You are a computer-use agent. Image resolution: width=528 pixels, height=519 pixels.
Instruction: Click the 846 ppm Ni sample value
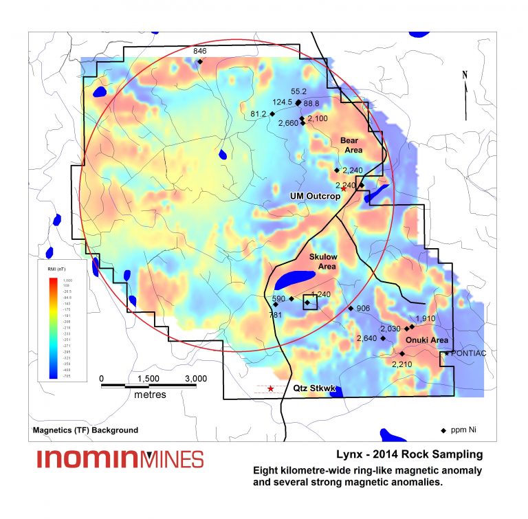coord(199,52)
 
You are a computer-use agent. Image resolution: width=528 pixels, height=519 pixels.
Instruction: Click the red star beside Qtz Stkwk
coord(271,389)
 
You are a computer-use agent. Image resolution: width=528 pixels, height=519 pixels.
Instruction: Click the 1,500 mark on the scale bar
coord(148,378)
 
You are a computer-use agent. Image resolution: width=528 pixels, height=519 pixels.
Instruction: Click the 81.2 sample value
coord(258,113)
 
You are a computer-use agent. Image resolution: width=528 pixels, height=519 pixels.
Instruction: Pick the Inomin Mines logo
coord(120,459)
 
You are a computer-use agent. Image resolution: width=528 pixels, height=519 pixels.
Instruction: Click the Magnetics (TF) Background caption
coord(85,430)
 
